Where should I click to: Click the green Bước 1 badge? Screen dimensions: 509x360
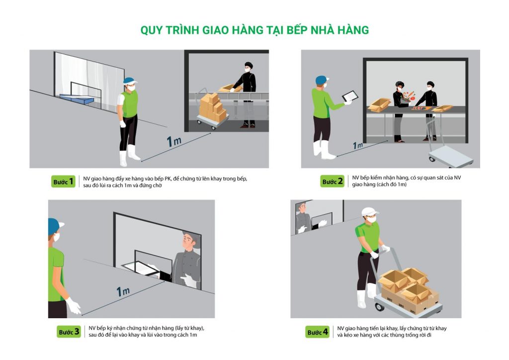63,181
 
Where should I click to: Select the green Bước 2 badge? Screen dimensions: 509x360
332,181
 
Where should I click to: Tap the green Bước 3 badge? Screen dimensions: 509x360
69,332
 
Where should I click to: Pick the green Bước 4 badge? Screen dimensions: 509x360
317,332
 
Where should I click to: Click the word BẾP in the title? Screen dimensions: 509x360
297,30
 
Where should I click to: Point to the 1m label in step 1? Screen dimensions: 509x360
173,141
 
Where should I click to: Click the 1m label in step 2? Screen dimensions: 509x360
358,145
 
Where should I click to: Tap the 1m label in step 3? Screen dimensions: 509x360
123,291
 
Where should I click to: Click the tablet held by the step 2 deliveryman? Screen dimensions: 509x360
350,96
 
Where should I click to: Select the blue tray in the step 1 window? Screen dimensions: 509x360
77,98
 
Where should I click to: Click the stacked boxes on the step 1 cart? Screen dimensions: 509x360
213,107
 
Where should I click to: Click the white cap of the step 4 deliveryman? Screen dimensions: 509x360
370,212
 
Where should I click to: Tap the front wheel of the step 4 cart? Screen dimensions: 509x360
379,307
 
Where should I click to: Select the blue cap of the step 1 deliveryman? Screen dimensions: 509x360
130,81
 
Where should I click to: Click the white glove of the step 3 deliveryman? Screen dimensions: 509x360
73,305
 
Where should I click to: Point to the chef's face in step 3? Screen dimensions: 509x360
187,242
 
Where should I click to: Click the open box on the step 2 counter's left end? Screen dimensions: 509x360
379,104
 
